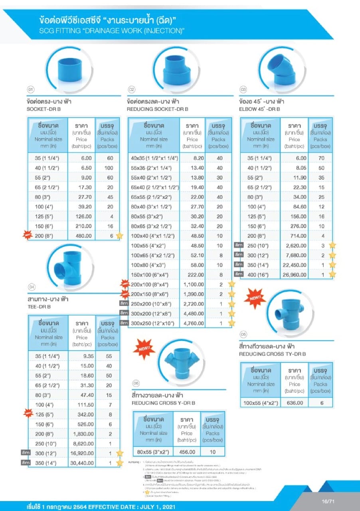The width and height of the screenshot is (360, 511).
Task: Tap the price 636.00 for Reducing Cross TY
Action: point(295,403)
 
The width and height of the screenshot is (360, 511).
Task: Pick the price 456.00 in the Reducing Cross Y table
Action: point(187,452)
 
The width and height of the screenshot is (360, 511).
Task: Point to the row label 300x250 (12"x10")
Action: point(153,323)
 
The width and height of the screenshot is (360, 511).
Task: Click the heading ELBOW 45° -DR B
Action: point(259,109)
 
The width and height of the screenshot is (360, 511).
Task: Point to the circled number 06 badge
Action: point(136,383)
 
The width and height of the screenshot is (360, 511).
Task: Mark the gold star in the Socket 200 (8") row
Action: point(119,236)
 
